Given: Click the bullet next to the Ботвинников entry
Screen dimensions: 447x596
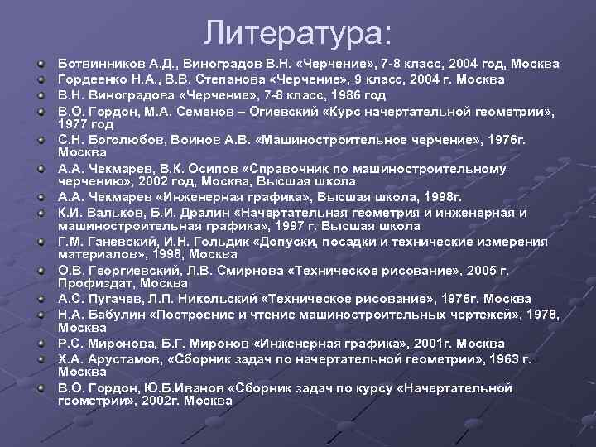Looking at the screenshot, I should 40,64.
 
